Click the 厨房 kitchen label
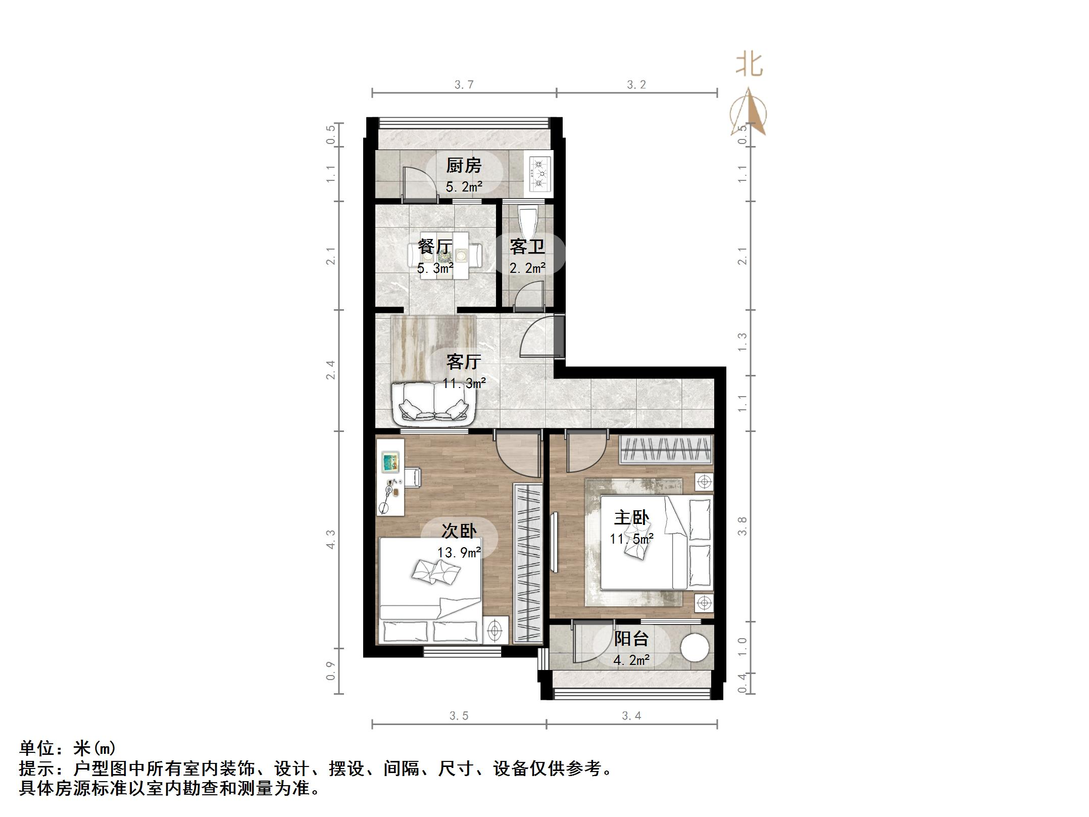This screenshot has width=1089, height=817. pos(463,165)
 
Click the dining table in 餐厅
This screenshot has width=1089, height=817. pos(445,255)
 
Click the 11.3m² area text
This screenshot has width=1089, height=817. pos(464,383)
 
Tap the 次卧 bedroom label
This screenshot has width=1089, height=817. pos(459,531)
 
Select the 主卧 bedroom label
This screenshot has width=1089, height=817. pos(631,517)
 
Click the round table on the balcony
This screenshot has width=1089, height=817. pos(695,647)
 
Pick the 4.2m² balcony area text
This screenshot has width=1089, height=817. pos(631,660)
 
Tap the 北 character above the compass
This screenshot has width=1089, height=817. pos(749,65)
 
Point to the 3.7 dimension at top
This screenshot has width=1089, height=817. pos(464,84)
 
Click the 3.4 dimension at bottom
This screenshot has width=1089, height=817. pos(631,715)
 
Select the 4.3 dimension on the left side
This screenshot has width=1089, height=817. pos(330,539)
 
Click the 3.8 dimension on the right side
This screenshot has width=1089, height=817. pos(742,526)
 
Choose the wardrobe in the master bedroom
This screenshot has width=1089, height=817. pos(666,449)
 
